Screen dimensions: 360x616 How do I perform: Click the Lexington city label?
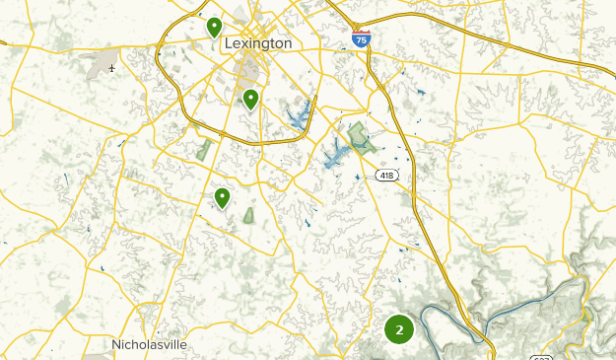pos(258,44)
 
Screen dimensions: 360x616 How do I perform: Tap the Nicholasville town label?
pos(148,345)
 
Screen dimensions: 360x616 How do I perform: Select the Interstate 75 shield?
pos(362,38)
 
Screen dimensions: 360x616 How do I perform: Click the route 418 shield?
pos(386,175)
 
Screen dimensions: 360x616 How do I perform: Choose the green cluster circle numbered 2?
pos(399,329)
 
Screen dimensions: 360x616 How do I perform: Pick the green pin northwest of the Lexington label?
pos(214,27)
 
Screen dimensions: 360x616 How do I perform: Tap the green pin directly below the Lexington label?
pos(251,99)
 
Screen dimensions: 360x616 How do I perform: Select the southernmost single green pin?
pos(223,198)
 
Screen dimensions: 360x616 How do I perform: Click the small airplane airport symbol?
pos(113,68)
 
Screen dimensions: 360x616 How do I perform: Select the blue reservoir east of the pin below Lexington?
pos(299,117)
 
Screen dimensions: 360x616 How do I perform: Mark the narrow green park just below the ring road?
pos(205,150)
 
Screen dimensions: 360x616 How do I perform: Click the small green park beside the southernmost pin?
pos(247,214)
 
